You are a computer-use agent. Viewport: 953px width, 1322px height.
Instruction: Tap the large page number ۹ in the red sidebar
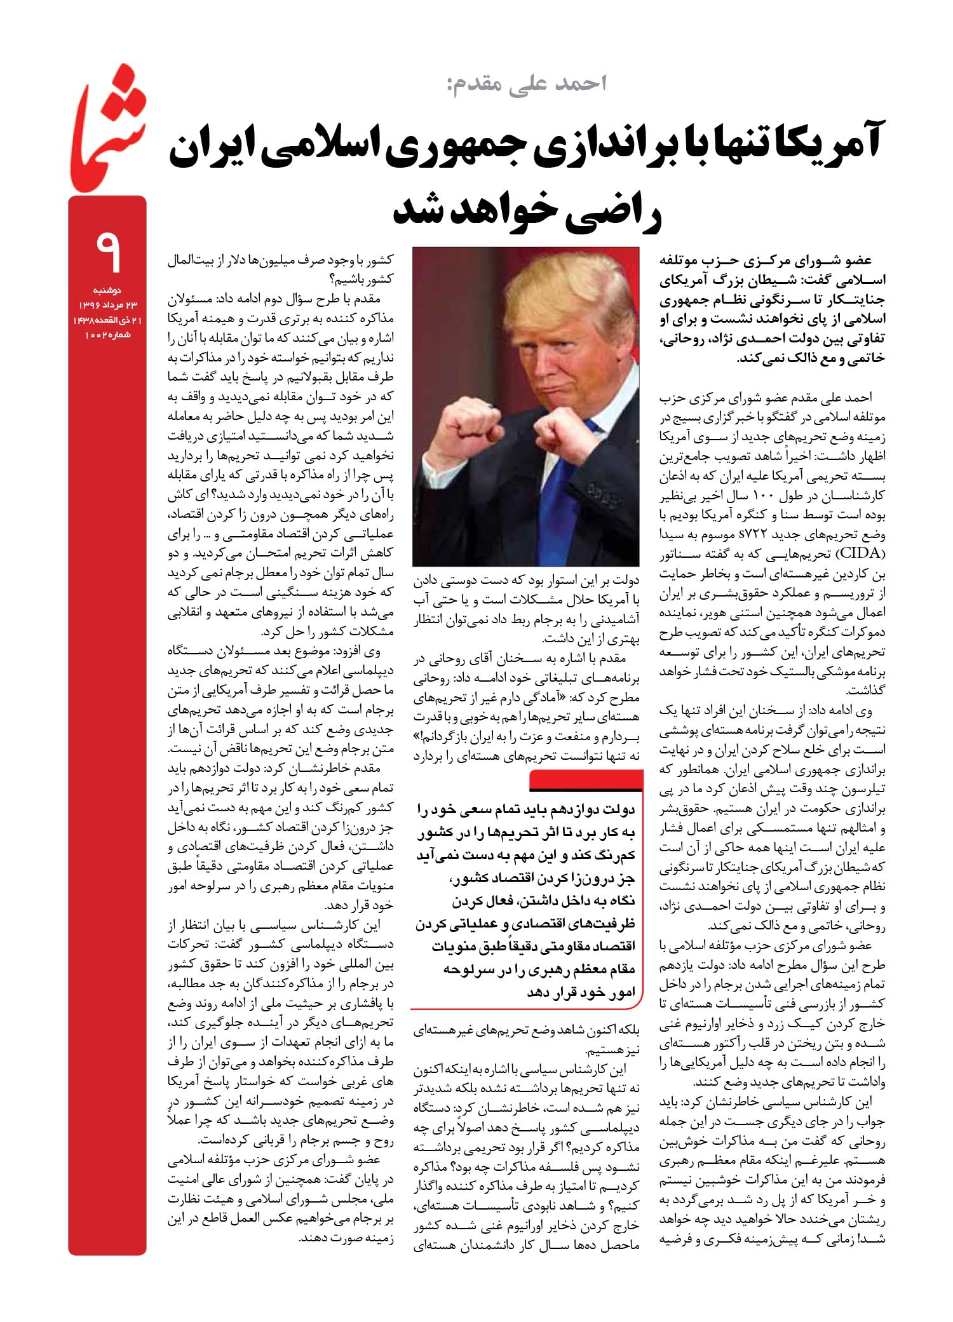point(107,253)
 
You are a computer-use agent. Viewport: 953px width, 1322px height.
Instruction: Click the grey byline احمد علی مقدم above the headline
point(528,83)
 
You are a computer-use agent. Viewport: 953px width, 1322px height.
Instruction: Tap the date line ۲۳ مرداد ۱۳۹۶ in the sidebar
point(107,306)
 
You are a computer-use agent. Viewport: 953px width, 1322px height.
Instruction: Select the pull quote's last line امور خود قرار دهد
point(581,992)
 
